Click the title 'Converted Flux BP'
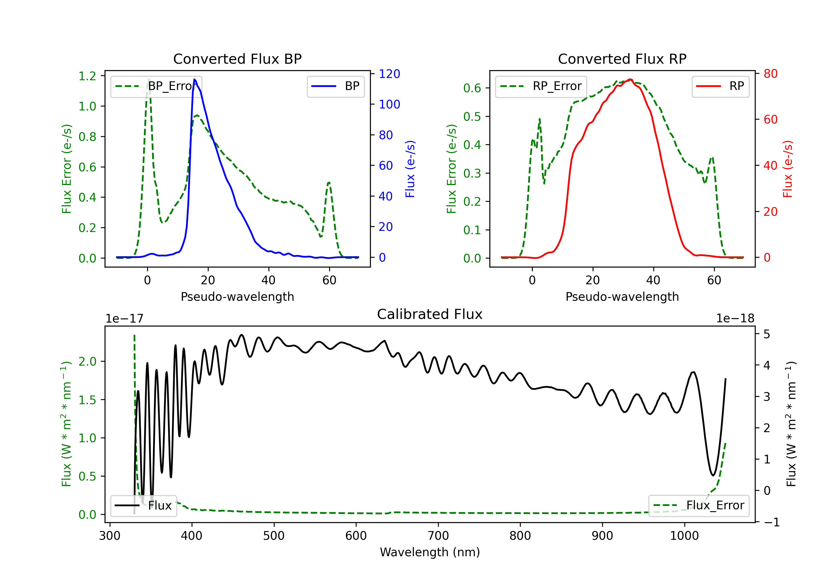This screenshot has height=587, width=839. pos(237,59)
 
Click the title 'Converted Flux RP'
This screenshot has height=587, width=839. pos(622,59)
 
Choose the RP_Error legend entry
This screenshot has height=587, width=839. pos(541,86)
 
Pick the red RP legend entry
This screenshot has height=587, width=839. pos(720,86)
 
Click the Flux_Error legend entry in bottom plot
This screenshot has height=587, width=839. pos(699,506)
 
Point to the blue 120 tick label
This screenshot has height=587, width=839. pos(390,74)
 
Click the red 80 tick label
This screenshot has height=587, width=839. pos(770,74)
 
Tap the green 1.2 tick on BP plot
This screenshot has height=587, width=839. pos(87,76)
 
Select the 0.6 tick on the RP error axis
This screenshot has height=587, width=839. pos(472,88)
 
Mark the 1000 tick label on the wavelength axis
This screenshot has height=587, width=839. pos(684,536)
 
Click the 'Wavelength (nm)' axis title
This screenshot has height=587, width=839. pos(430,552)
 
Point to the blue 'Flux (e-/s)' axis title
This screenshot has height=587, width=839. pos(410,169)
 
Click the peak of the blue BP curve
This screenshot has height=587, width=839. pos(194,79)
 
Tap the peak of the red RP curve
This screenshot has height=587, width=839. pos(630,79)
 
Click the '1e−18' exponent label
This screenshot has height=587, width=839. pos(735,319)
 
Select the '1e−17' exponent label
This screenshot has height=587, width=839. pos(125,319)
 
